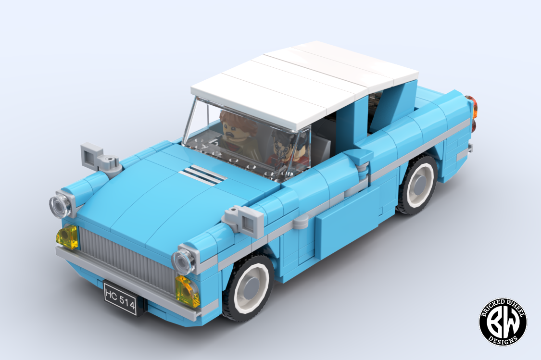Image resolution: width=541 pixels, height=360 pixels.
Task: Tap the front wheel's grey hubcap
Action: pos(250,289)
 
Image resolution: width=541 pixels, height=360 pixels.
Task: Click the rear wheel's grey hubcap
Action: pos(418,184)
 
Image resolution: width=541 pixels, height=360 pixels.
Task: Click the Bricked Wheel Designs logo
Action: pos(503,321)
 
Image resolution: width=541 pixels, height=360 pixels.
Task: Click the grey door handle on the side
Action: pos(302,222)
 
